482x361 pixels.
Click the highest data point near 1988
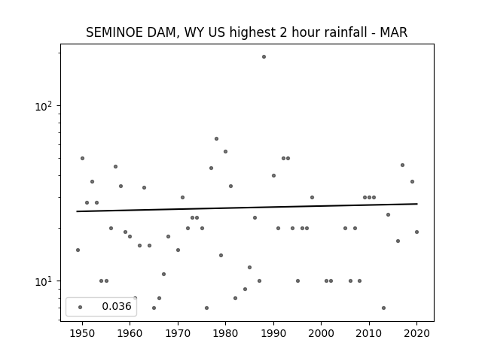[264, 57]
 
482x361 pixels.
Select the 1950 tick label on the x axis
[82, 333]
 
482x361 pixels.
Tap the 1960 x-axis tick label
[130, 333]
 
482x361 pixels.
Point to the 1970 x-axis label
[178, 333]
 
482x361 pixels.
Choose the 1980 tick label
[225, 333]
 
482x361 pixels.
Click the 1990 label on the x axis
[273, 333]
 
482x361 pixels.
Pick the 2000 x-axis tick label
[322, 333]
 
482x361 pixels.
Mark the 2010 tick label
[369, 333]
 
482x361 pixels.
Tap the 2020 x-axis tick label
[416, 333]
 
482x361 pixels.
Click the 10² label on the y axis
[44, 106]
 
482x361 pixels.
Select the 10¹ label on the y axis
[44, 281]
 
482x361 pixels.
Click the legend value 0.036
[117, 306]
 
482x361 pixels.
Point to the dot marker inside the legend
[81, 308]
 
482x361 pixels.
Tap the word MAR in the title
[393, 32]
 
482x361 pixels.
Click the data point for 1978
[216, 138]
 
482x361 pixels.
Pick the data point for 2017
[402, 165]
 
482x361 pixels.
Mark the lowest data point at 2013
[383, 308]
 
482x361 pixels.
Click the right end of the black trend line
[417, 204]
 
